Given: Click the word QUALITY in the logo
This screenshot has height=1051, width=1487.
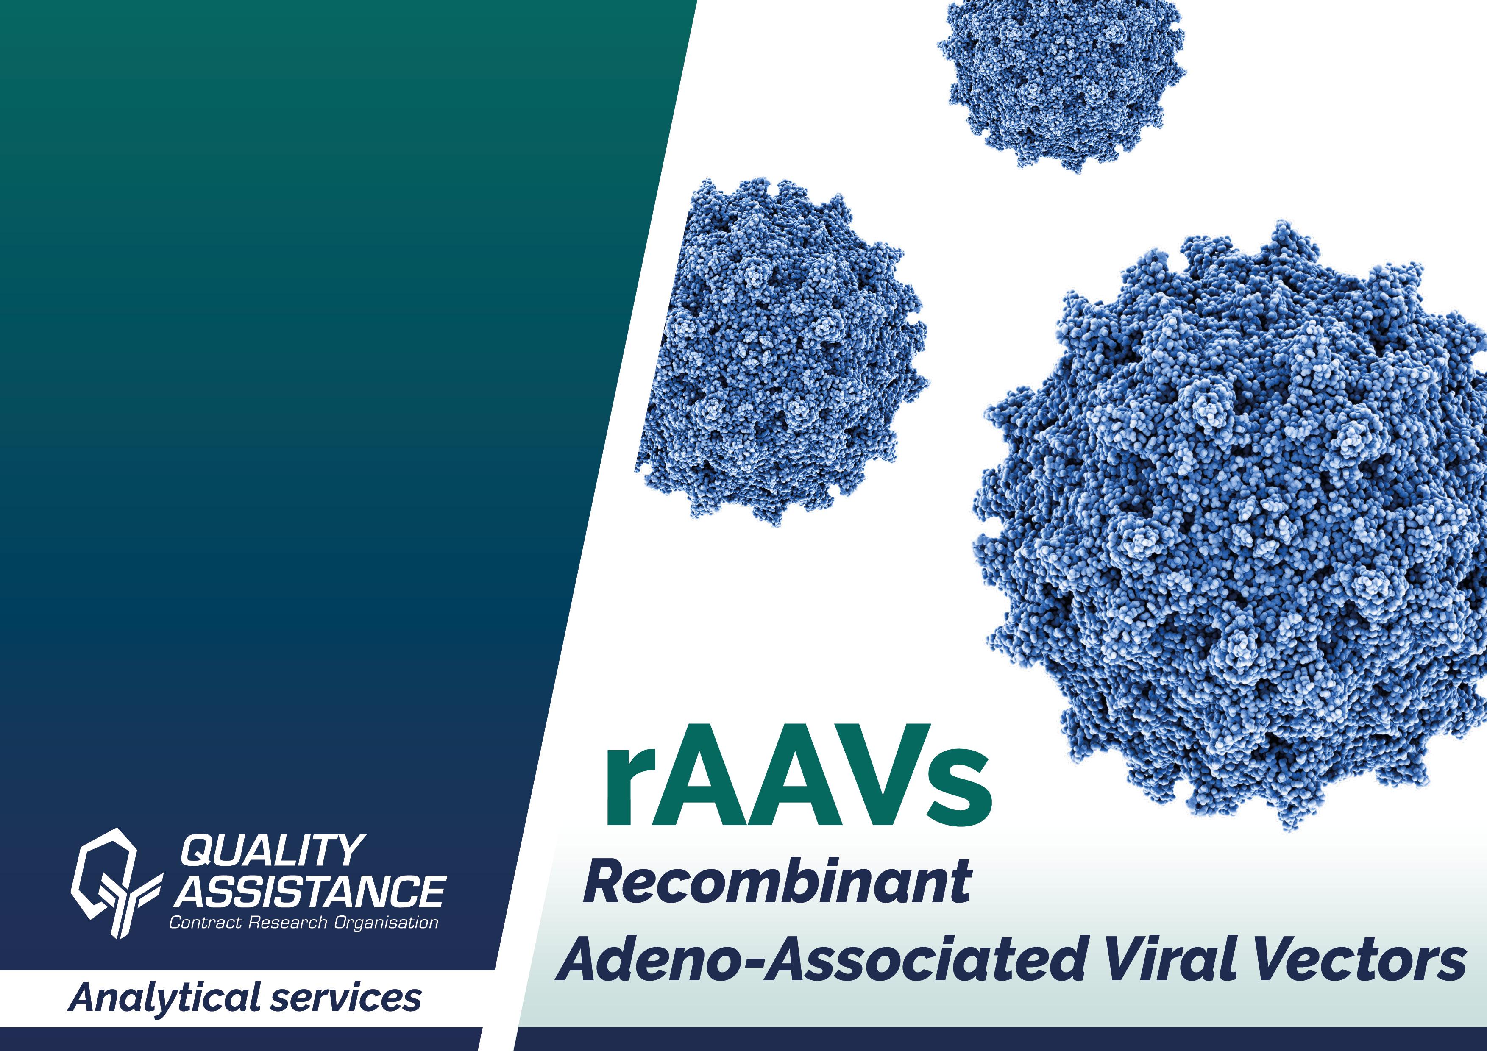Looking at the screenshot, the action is (x=272, y=850).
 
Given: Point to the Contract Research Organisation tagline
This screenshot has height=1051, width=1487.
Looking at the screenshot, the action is (x=303, y=922).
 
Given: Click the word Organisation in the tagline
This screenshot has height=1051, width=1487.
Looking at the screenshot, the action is (x=386, y=923).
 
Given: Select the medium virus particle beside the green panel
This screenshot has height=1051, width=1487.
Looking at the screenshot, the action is (x=780, y=350).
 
